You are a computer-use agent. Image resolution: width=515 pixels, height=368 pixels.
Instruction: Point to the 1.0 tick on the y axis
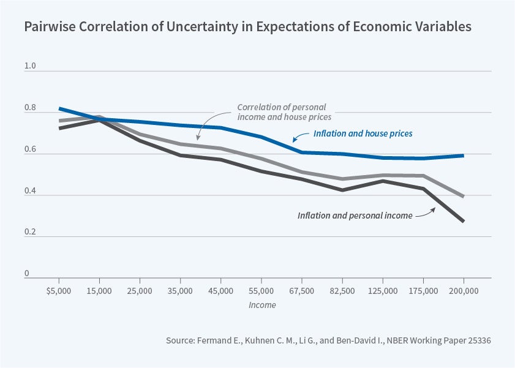click(29, 66)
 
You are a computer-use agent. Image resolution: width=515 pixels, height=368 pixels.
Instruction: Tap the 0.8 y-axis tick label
click(29, 107)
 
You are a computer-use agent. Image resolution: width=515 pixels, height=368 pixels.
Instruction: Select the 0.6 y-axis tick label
click(29, 149)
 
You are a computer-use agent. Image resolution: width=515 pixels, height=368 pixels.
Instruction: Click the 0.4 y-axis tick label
click(29, 190)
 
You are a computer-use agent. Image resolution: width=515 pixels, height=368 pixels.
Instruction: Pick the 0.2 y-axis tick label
click(29, 231)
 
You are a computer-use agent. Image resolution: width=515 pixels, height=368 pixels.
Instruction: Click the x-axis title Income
click(262, 305)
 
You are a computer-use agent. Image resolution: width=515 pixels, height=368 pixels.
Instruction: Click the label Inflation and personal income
click(355, 216)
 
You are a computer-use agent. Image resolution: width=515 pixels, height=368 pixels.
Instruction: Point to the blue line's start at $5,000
click(59, 108)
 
